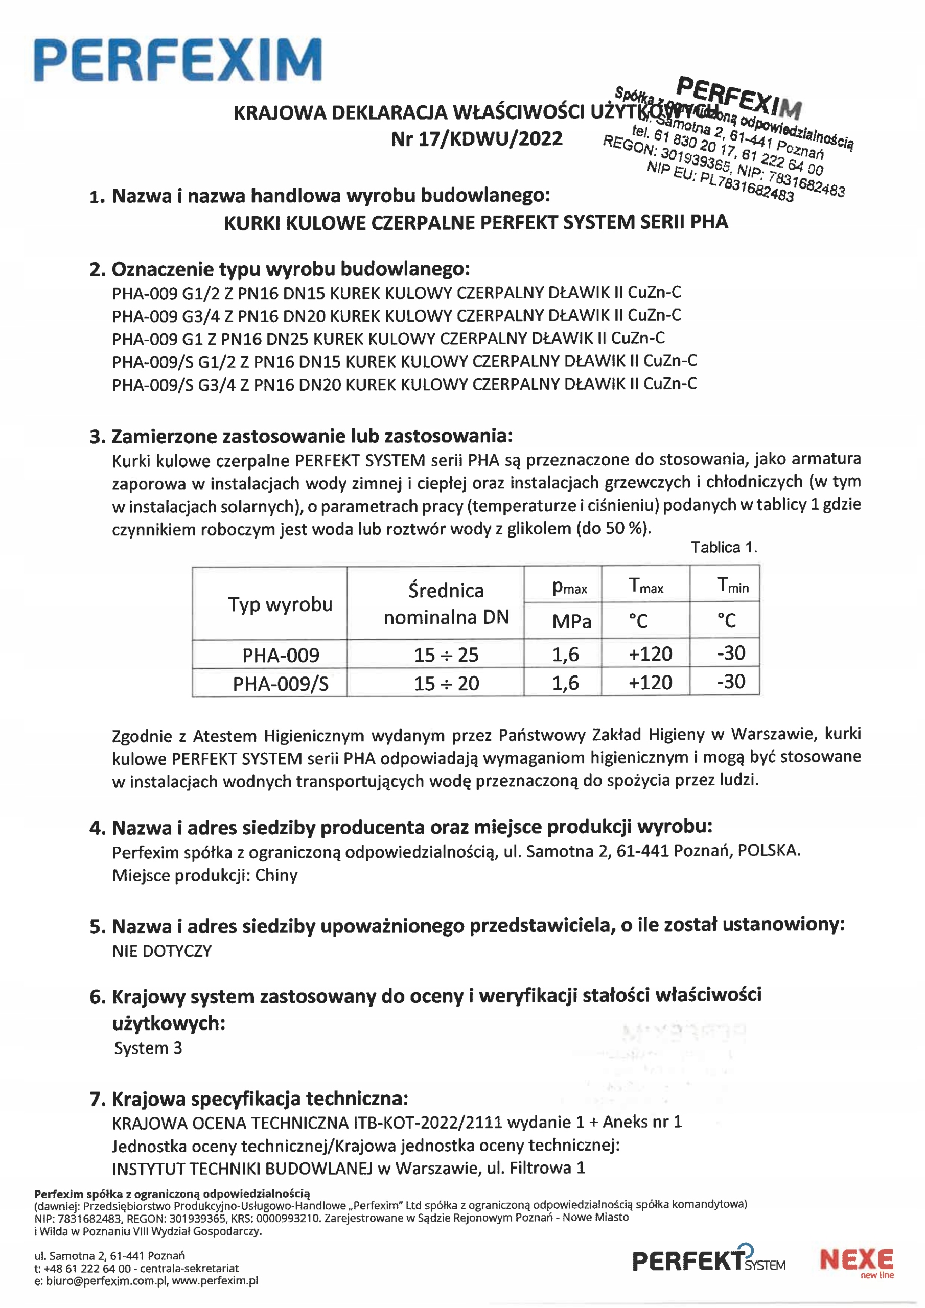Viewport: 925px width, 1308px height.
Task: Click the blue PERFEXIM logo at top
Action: coord(178,60)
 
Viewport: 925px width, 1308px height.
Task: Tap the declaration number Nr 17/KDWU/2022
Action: coord(476,139)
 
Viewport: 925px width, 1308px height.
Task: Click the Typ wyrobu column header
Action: coord(280,604)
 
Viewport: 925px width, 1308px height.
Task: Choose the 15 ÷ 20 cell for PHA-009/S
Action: coord(446,683)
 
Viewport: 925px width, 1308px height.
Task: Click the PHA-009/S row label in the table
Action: coord(281,684)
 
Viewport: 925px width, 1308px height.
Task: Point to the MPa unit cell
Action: coord(571,621)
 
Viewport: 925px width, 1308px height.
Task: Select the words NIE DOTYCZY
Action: coord(162,951)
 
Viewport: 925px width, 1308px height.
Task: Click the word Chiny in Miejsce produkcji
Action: coord(276,876)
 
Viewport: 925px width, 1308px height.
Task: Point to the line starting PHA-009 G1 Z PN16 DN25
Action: coord(387,339)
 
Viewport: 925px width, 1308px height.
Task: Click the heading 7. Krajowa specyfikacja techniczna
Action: coord(248,1099)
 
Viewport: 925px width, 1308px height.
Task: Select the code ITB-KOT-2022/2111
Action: coord(427,1123)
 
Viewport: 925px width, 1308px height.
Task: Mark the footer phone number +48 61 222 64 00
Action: coord(87,1269)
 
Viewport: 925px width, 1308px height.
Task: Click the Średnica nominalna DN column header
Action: coord(446,604)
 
